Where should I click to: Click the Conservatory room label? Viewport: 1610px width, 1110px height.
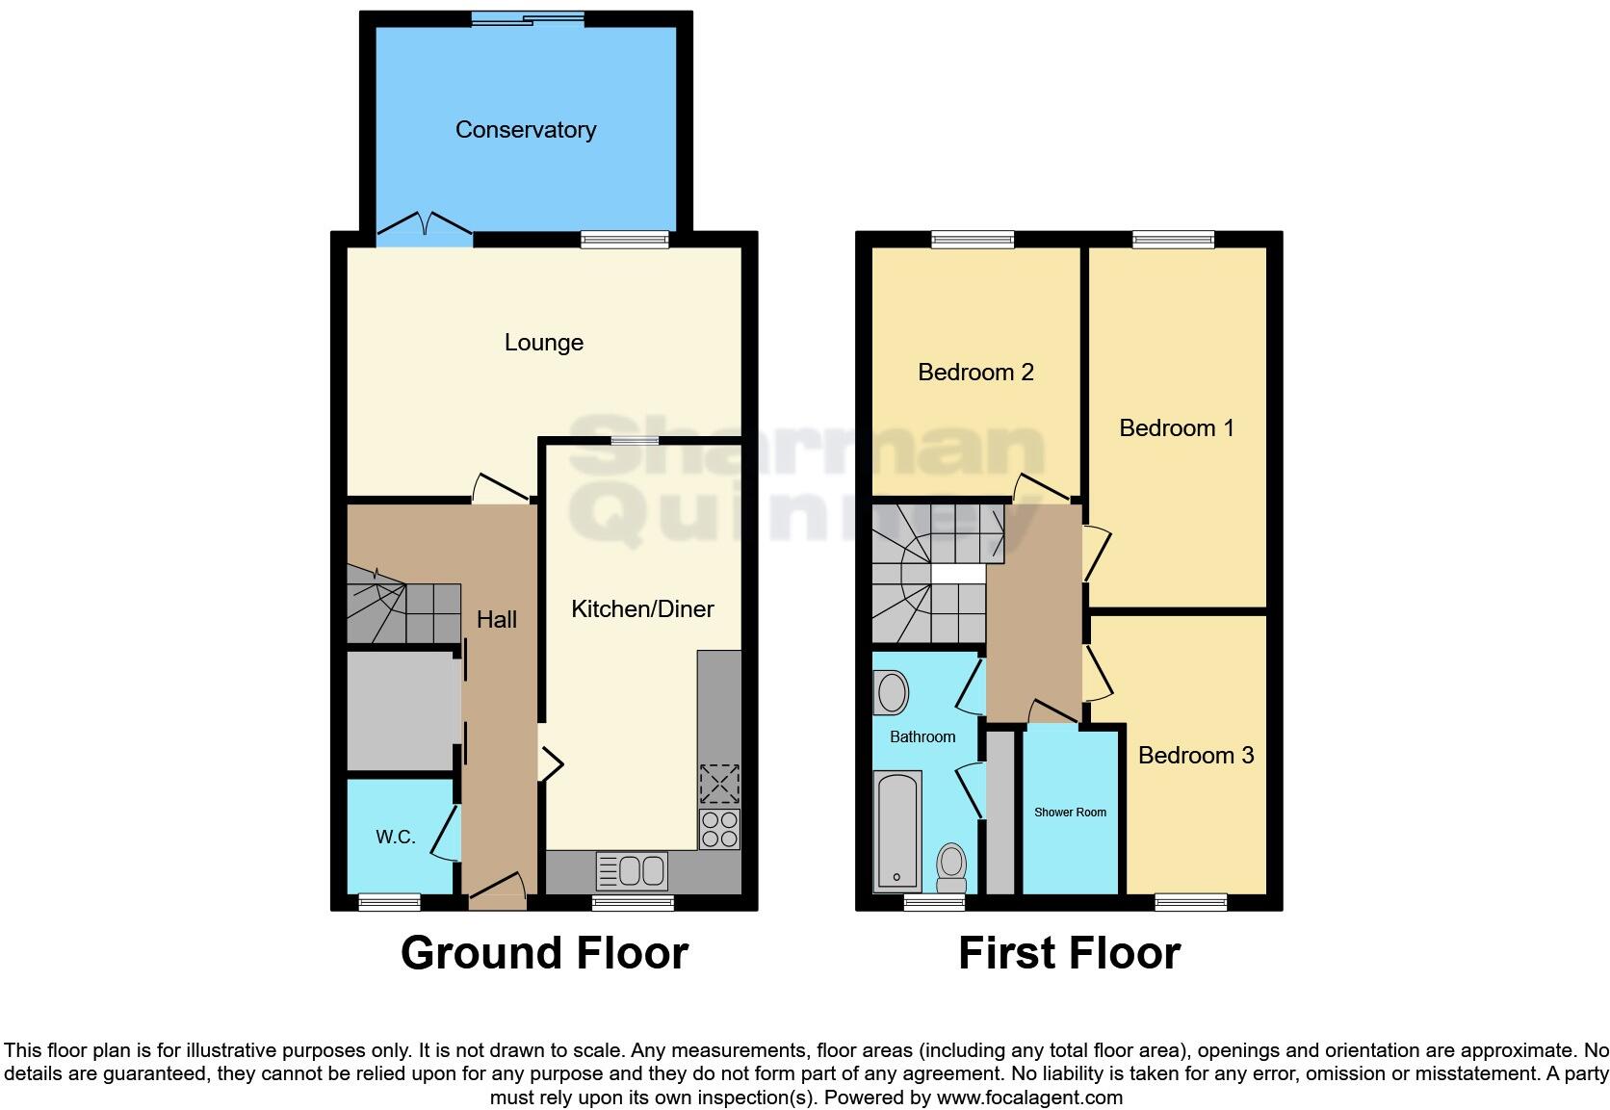pyautogui.click(x=525, y=130)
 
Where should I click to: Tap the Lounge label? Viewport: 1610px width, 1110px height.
pyautogui.click(x=543, y=343)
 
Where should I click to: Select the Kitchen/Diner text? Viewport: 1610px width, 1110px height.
pyautogui.click(x=642, y=609)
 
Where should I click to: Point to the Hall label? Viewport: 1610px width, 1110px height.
pyautogui.click(x=496, y=620)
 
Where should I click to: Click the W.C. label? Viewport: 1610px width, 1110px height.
pyautogui.click(x=395, y=838)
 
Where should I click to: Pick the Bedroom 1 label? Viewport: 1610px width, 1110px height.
pyautogui.click(x=1176, y=428)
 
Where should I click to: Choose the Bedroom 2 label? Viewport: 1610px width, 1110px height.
pyautogui.click(x=975, y=373)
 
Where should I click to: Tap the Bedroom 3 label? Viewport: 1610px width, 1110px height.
pyautogui.click(x=1195, y=756)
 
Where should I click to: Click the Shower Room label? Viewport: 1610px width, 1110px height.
pyautogui.click(x=1070, y=813)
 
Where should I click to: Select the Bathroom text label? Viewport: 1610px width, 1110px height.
pyautogui.click(x=922, y=737)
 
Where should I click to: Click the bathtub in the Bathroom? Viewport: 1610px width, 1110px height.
pyautogui.click(x=896, y=830)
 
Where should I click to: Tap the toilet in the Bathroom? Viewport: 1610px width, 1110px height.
pyautogui.click(x=951, y=867)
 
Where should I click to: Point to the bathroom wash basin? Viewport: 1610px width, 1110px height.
pyautogui.click(x=892, y=692)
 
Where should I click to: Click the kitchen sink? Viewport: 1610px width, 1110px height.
pyautogui.click(x=633, y=871)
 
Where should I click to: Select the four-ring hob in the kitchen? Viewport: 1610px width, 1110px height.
pyautogui.click(x=719, y=829)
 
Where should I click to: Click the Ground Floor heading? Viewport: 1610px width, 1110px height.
pyautogui.click(x=544, y=953)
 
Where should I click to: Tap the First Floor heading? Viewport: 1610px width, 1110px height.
pyautogui.click(x=1069, y=953)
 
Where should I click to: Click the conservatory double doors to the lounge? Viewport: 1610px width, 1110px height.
pyautogui.click(x=424, y=225)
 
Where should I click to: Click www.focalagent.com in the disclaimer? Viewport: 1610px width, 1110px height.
pyautogui.click(x=1028, y=1097)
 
